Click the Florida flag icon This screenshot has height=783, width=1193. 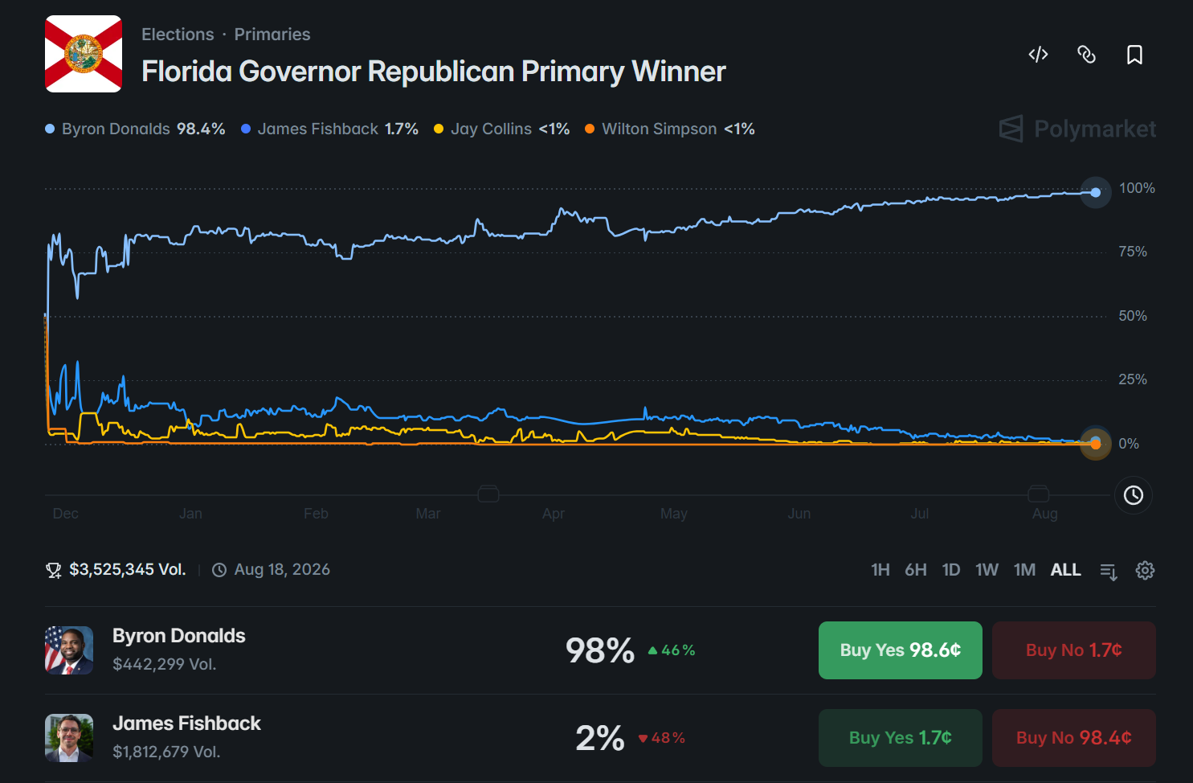coord(84,54)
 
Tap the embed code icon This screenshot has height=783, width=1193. coord(1038,55)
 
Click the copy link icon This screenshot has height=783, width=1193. coord(1086,55)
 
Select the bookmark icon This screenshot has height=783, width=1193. coord(1134,55)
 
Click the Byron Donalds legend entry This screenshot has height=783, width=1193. coord(135,129)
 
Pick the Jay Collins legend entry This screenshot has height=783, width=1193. coord(501,129)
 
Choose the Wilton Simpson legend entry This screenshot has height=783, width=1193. coord(669,129)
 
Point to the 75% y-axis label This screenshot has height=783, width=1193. coord(1133,252)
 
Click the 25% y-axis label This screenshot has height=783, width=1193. coord(1133,379)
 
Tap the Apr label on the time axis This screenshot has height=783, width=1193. coord(554,514)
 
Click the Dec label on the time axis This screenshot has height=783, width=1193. coord(66,514)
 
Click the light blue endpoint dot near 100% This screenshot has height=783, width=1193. coord(1096,192)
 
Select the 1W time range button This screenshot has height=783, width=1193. coord(987,570)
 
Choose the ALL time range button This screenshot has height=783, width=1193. coord(1066,570)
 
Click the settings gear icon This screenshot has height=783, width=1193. coord(1145,570)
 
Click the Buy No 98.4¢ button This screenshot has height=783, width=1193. coord(1073,738)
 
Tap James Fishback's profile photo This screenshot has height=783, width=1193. coord(69,738)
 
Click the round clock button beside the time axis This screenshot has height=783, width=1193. coord(1134,495)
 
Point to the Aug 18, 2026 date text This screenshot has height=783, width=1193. coord(282,570)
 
